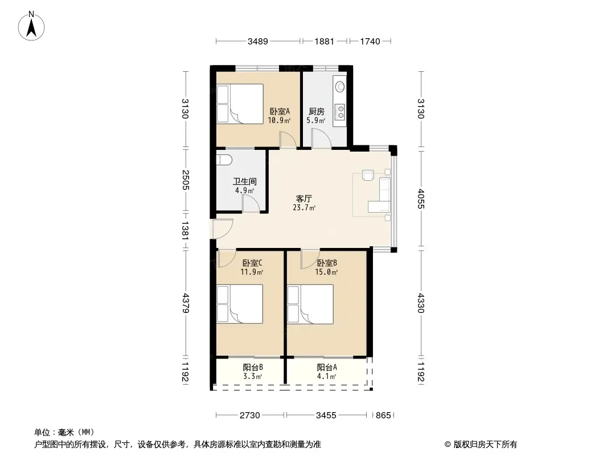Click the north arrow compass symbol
31,26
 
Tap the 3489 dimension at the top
258,41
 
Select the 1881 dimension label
324,41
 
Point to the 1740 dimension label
370,41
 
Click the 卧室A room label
280,112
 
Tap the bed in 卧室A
240,104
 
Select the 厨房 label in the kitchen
316,112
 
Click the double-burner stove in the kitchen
341,112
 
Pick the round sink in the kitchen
341,87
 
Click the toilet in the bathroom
224,159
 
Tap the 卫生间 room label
245,181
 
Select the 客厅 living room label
304,199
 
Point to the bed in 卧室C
240,304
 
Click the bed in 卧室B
310,304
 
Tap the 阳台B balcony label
253,367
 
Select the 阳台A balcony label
327,367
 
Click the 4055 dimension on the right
421,199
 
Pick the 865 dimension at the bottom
383,416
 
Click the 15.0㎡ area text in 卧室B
326,272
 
